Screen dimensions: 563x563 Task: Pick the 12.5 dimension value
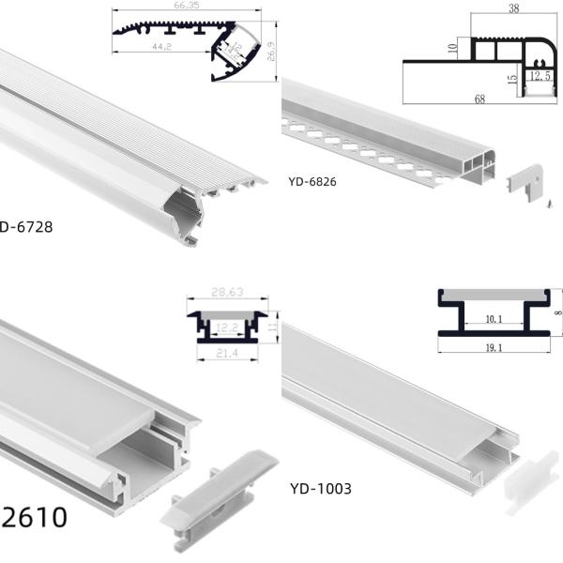coord(540,75)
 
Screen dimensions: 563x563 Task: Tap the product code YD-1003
coord(320,488)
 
